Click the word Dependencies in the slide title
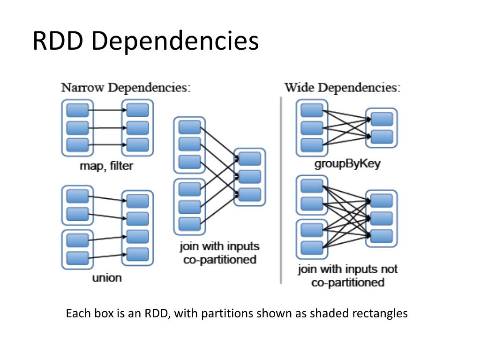175,41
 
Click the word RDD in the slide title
58,41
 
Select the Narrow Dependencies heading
126,88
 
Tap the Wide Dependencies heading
342,88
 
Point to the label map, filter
106,166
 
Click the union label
107,278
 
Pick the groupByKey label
347,164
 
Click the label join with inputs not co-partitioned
348,276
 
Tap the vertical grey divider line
281,190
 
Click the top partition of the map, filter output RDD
137,110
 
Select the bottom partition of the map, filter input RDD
77,145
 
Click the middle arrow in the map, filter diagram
107,127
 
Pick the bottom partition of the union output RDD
137,255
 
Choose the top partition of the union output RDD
137,201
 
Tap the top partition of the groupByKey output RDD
382,119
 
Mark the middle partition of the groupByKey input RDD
312,128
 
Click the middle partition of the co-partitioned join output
249,177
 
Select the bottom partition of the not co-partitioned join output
382,236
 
